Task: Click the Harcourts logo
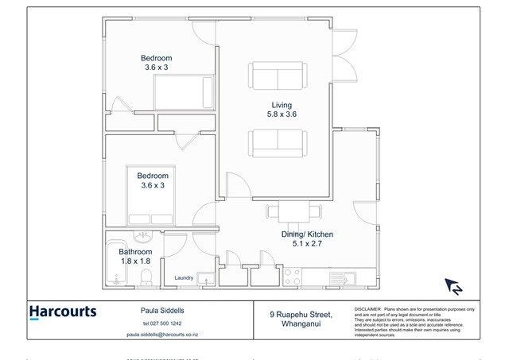click(x=63, y=312)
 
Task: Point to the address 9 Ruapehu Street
click(x=300, y=315)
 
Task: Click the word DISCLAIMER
click(x=367, y=308)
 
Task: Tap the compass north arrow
click(x=453, y=287)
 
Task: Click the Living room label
click(x=281, y=104)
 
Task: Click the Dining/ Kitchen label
click(x=307, y=234)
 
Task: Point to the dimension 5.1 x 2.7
click(x=307, y=245)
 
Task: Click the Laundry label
click(x=185, y=277)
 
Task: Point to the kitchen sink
click(x=347, y=278)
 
